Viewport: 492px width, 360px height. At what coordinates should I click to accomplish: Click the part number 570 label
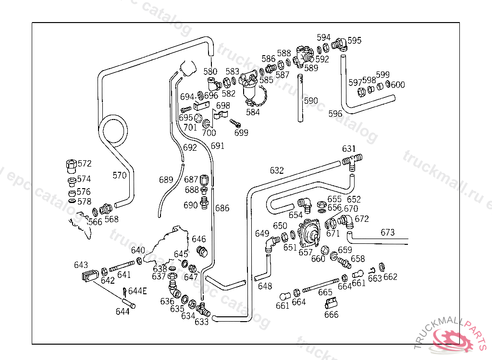tap(120, 176)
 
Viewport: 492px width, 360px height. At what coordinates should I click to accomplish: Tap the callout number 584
tap(253, 112)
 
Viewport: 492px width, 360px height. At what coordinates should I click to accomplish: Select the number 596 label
tap(335, 114)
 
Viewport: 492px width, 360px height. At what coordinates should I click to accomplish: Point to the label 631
tap(349, 148)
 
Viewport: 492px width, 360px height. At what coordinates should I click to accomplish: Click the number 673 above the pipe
tap(388, 232)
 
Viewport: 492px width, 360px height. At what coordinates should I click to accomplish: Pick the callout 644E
tap(137, 290)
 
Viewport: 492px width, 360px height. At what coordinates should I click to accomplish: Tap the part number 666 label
tap(331, 314)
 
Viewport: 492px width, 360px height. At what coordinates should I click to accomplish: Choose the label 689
tap(166, 180)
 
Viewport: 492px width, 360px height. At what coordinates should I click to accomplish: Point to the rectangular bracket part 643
tap(89, 277)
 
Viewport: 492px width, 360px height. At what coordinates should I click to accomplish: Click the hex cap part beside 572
tap(71, 166)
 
